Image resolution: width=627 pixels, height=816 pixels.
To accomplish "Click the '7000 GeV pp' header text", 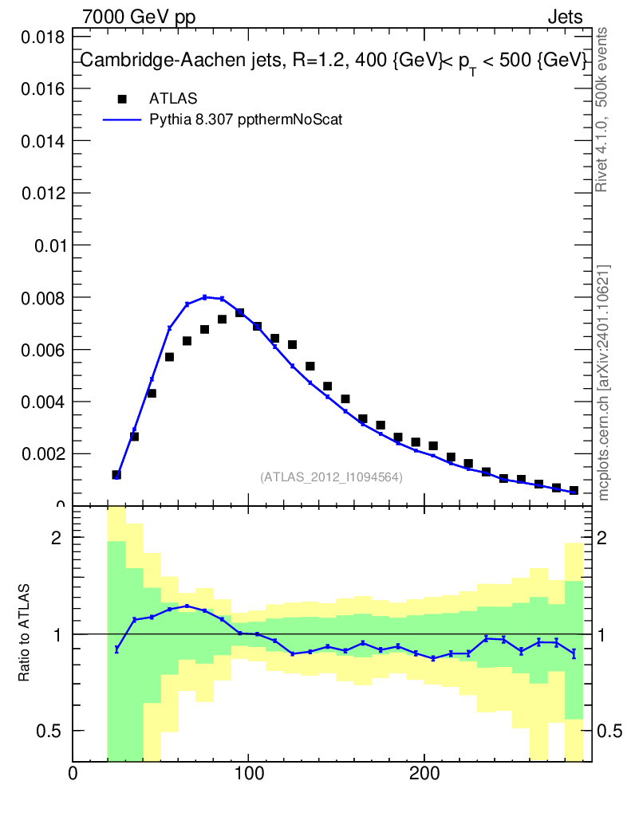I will click(x=139, y=18).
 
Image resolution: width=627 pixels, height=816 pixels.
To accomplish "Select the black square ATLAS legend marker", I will click(x=122, y=99).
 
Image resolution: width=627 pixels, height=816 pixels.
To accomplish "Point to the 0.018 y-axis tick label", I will click(x=43, y=37).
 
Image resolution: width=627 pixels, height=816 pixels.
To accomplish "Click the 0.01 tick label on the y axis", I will click(x=49, y=245).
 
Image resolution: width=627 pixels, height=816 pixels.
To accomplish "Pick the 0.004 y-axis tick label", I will click(x=43, y=402).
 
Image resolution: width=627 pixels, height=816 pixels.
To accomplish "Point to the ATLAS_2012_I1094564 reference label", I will click(x=331, y=477).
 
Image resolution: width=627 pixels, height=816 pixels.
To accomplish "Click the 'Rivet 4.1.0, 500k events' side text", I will click(x=602, y=109).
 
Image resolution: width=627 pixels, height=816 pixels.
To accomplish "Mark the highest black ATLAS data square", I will click(x=239, y=312).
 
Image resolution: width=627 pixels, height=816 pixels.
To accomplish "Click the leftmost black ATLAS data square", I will click(x=116, y=475).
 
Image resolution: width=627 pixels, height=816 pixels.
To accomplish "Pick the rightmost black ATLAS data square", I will click(x=574, y=490).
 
